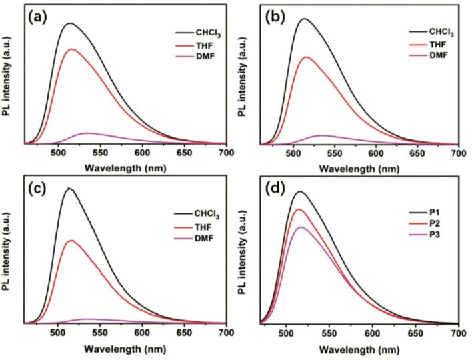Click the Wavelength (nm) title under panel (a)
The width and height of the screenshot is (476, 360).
(125, 167)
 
